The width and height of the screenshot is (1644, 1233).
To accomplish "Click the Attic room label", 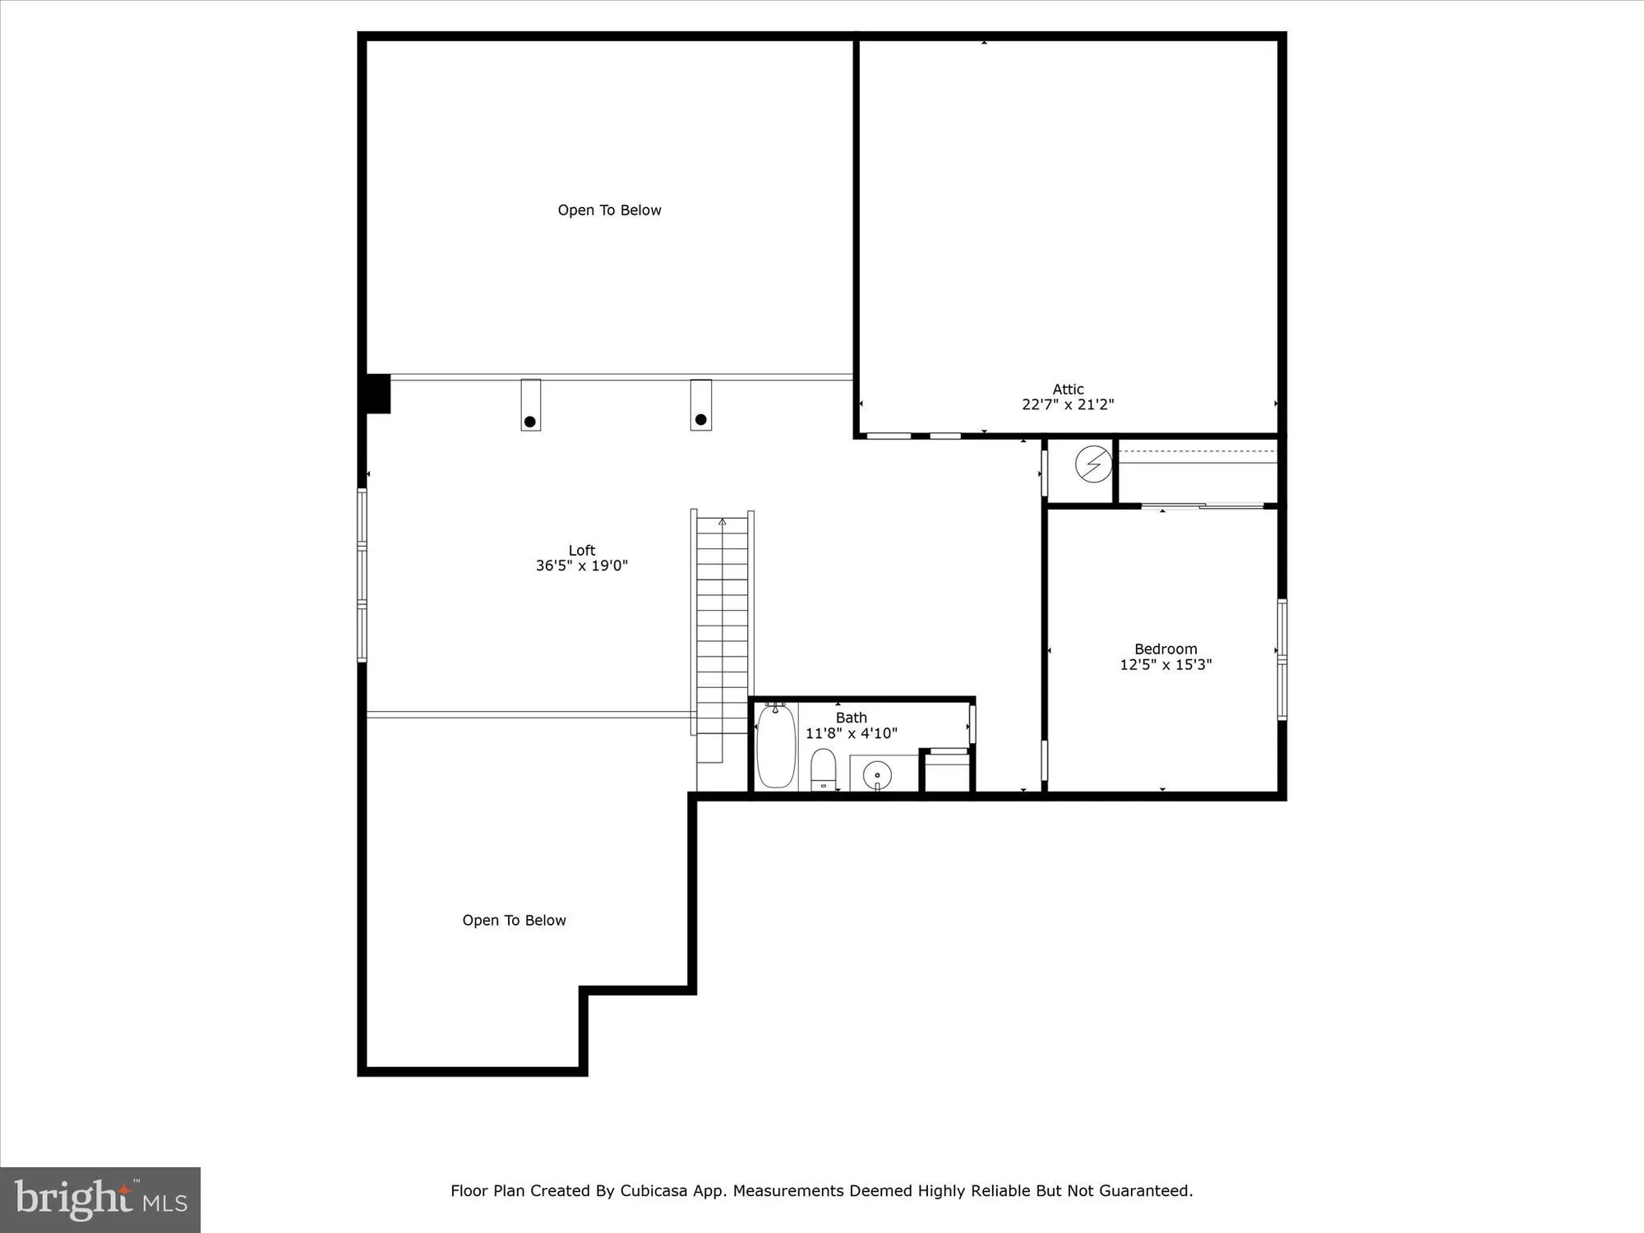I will click(x=1068, y=389).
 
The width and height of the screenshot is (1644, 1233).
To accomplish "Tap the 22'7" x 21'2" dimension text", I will click(x=1068, y=404).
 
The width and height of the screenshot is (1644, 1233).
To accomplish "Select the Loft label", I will click(x=581, y=550).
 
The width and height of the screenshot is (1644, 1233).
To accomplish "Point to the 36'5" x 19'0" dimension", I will click(x=581, y=566).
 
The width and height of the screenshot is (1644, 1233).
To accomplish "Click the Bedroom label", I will click(x=1166, y=649).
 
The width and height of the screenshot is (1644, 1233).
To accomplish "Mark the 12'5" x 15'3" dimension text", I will click(x=1166, y=664).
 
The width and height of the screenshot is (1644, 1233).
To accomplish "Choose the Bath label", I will click(x=851, y=718).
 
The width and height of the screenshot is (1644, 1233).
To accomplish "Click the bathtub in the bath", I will click(x=776, y=746).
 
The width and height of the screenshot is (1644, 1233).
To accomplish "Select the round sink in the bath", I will click(x=877, y=774).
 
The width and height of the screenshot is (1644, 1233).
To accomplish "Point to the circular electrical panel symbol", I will click(x=1093, y=464).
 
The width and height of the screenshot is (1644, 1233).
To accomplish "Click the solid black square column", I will click(x=377, y=394).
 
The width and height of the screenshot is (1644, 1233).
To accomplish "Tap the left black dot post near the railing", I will click(x=530, y=422).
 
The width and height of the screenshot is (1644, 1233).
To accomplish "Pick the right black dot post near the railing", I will click(x=700, y=419).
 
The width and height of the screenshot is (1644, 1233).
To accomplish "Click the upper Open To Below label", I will click(x=609, y=210).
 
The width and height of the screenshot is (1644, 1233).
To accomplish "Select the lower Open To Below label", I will click(x=514, y=921).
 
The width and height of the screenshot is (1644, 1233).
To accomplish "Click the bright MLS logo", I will click(x=100, y=1199).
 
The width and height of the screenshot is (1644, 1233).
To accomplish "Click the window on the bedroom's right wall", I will click(x=1281, y=659).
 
